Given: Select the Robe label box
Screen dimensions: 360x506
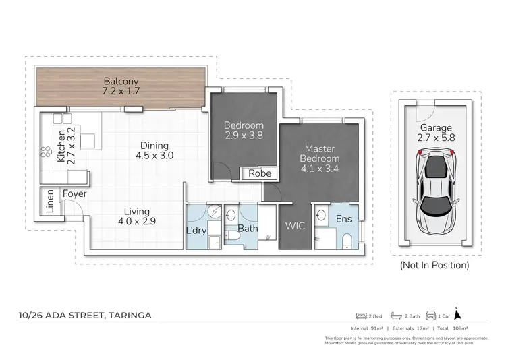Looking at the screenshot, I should coord(259,173).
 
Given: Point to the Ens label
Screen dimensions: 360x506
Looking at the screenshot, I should coord(343,219).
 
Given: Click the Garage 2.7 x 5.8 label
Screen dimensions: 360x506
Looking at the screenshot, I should coord(436,132).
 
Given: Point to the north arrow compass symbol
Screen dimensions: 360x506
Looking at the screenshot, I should coord(457,313).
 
